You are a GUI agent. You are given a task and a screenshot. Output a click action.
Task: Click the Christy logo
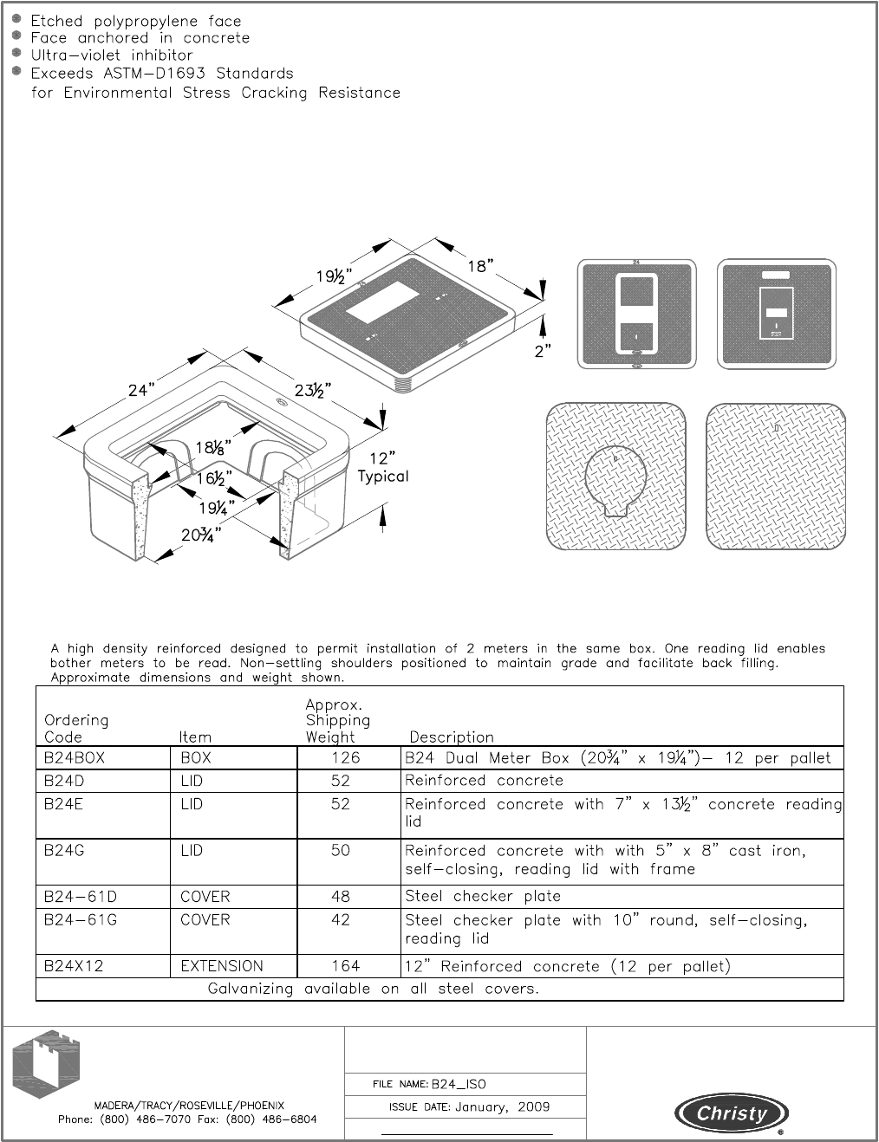click(732, 1113)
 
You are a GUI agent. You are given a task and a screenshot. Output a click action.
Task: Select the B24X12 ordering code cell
click(74, 966)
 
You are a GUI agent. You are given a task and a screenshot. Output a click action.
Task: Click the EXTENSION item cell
click(221, 966)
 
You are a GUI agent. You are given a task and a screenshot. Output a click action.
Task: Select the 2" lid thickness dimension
click(543, 352)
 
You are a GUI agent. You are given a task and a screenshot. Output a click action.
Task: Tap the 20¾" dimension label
click(201, 535)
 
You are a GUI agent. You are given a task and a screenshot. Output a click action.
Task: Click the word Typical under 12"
click(383, 477)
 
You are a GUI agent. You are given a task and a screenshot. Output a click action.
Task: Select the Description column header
click(451, 737)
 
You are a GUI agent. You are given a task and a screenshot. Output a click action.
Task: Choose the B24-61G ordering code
click(81, 920)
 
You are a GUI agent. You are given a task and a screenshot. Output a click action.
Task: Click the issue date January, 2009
click(503, 1107)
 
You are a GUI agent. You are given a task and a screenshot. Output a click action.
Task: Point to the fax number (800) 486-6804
click(271, 1119)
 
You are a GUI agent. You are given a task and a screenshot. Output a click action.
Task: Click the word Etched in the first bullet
click(56, 21)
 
